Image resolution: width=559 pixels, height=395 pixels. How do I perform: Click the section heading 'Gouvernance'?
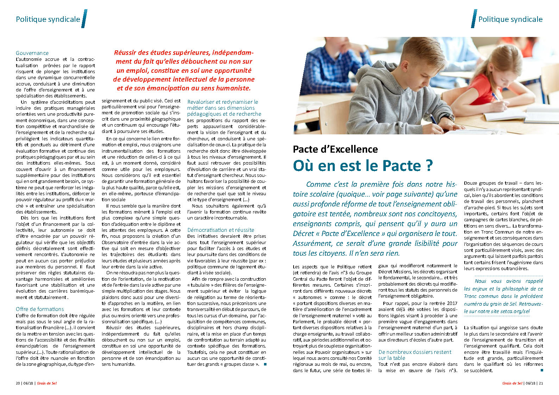[32, 53]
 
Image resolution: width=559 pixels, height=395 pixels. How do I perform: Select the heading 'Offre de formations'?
[40, 309]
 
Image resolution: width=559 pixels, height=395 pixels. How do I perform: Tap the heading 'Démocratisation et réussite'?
[220, 230]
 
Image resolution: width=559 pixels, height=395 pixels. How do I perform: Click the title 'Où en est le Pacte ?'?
[363, 165]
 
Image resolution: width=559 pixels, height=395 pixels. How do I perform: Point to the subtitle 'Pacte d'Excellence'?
[335, 149]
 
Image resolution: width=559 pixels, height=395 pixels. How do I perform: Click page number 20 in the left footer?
[18, 383]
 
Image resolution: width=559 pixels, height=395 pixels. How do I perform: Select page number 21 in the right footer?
[541, 383]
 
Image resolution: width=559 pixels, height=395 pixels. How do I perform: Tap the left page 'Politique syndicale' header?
[48, 19]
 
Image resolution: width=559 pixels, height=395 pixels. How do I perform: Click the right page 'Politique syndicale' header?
[510, 19]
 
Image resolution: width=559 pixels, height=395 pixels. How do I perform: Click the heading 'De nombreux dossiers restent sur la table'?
[414, 355]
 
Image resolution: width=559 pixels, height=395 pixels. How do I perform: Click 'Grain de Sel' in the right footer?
[512, 383]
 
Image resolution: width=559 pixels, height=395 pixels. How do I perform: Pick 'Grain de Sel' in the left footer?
[46, 383]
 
